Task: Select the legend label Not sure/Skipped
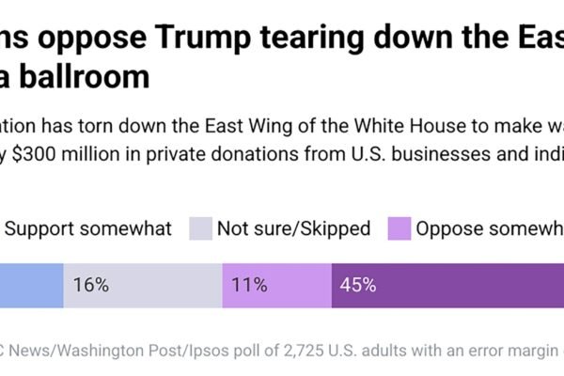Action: (x=294, y=228)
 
